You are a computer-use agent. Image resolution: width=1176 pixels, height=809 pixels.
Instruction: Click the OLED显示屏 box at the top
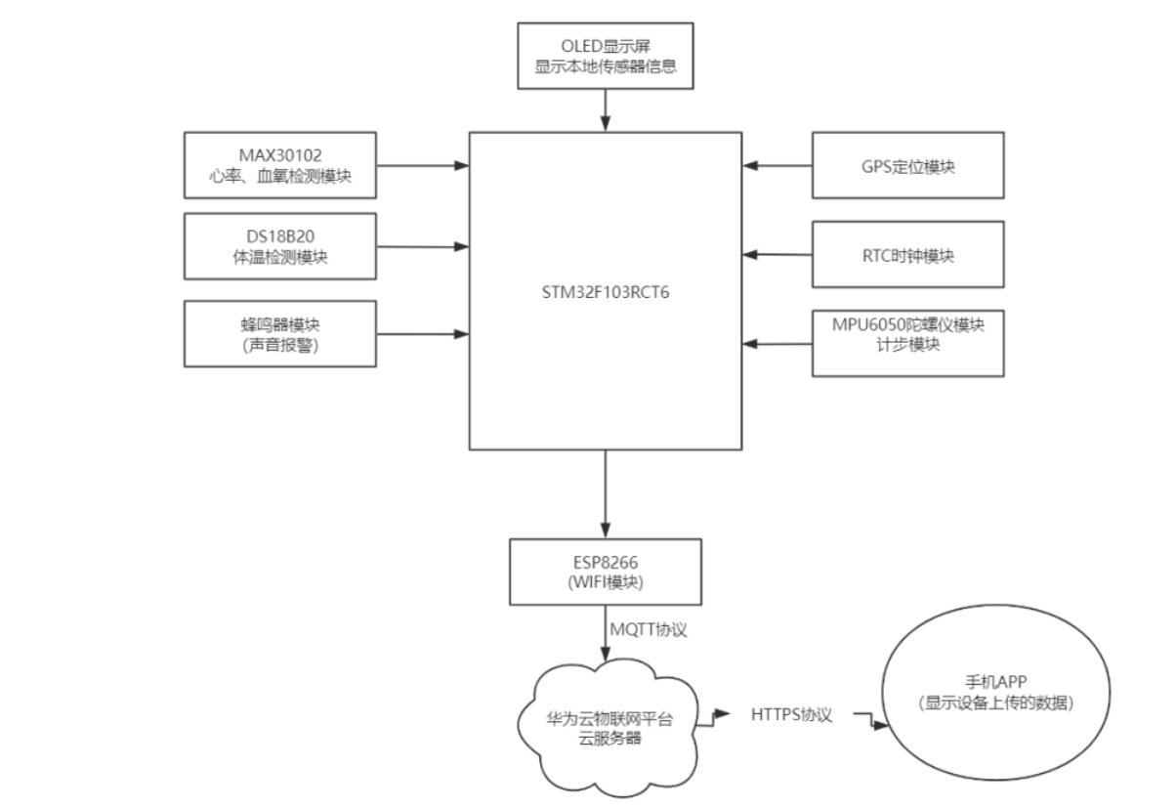click(x=606, y=55)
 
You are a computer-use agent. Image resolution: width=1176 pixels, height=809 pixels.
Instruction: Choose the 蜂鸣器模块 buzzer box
click(x=279, y=333)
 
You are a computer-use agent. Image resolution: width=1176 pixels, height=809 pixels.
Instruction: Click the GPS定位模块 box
click(x=907, y=166)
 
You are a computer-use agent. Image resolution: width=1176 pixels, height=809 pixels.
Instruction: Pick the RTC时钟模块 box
click(x=907, y=254)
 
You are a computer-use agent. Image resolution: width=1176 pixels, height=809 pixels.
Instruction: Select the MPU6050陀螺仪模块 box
click(x=907, y=343)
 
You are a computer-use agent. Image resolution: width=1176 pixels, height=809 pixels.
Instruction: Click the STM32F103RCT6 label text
click(x=606, y=289)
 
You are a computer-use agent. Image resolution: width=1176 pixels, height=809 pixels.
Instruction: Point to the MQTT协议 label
click(x=649, y=630)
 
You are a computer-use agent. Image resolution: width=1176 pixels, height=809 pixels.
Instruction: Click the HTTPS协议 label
click(x=791, y=715)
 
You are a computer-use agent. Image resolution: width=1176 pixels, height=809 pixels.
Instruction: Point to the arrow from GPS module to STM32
click(x=777, y=166)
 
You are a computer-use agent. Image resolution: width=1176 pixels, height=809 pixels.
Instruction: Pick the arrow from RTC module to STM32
click(x=777, y=255)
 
